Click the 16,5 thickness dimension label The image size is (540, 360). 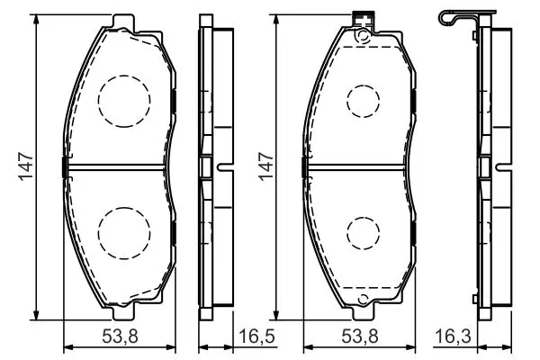[x=256, y=336]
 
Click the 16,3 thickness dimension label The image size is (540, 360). [x=453, y=336]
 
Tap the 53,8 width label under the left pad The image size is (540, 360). [x=121, y=336]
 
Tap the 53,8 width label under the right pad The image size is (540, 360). [x=360, y=336]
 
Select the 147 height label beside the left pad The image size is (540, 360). [x=26, y=166]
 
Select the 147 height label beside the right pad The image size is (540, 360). [x=265, y=166]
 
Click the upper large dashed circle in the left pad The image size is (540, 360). [x=124, y=75]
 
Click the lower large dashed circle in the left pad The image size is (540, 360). [x=124, y=207]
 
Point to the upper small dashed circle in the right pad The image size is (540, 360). [x=364, y=85]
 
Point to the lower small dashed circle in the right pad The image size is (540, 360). [x=364, y=217]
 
